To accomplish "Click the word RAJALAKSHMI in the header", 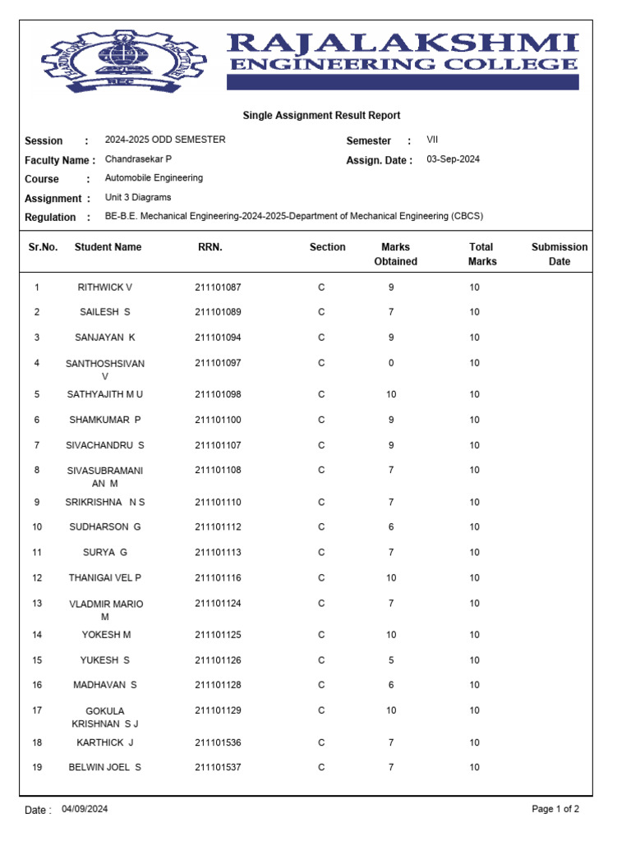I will (x=403, y=44).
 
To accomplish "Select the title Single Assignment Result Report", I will (x=321, y=116).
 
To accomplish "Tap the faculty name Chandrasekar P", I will (x=138, y=159).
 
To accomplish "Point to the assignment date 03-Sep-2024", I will (x=453, y=159).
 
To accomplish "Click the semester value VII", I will (x=432, y=140).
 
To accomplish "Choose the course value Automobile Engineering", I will (x=154, y=178).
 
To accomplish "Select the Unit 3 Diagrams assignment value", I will (x=138, y=198).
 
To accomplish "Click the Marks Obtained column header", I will (x=395, y=254).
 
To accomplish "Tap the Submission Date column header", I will (x=560, y=254).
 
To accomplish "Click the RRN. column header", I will (x=210, y=246).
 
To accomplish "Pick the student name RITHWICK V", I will (x=104, y=287).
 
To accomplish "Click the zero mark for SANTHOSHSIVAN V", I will (x=391, y=363).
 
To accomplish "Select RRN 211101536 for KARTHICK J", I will (x=218, y=742).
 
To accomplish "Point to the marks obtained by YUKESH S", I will (x=391, y=660).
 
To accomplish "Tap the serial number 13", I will (x=37, y=604).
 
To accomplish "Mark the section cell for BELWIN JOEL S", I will (x=321, y=767).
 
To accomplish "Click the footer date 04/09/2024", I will (x=84, y=809).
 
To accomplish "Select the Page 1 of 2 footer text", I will (x=555, y=809).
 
